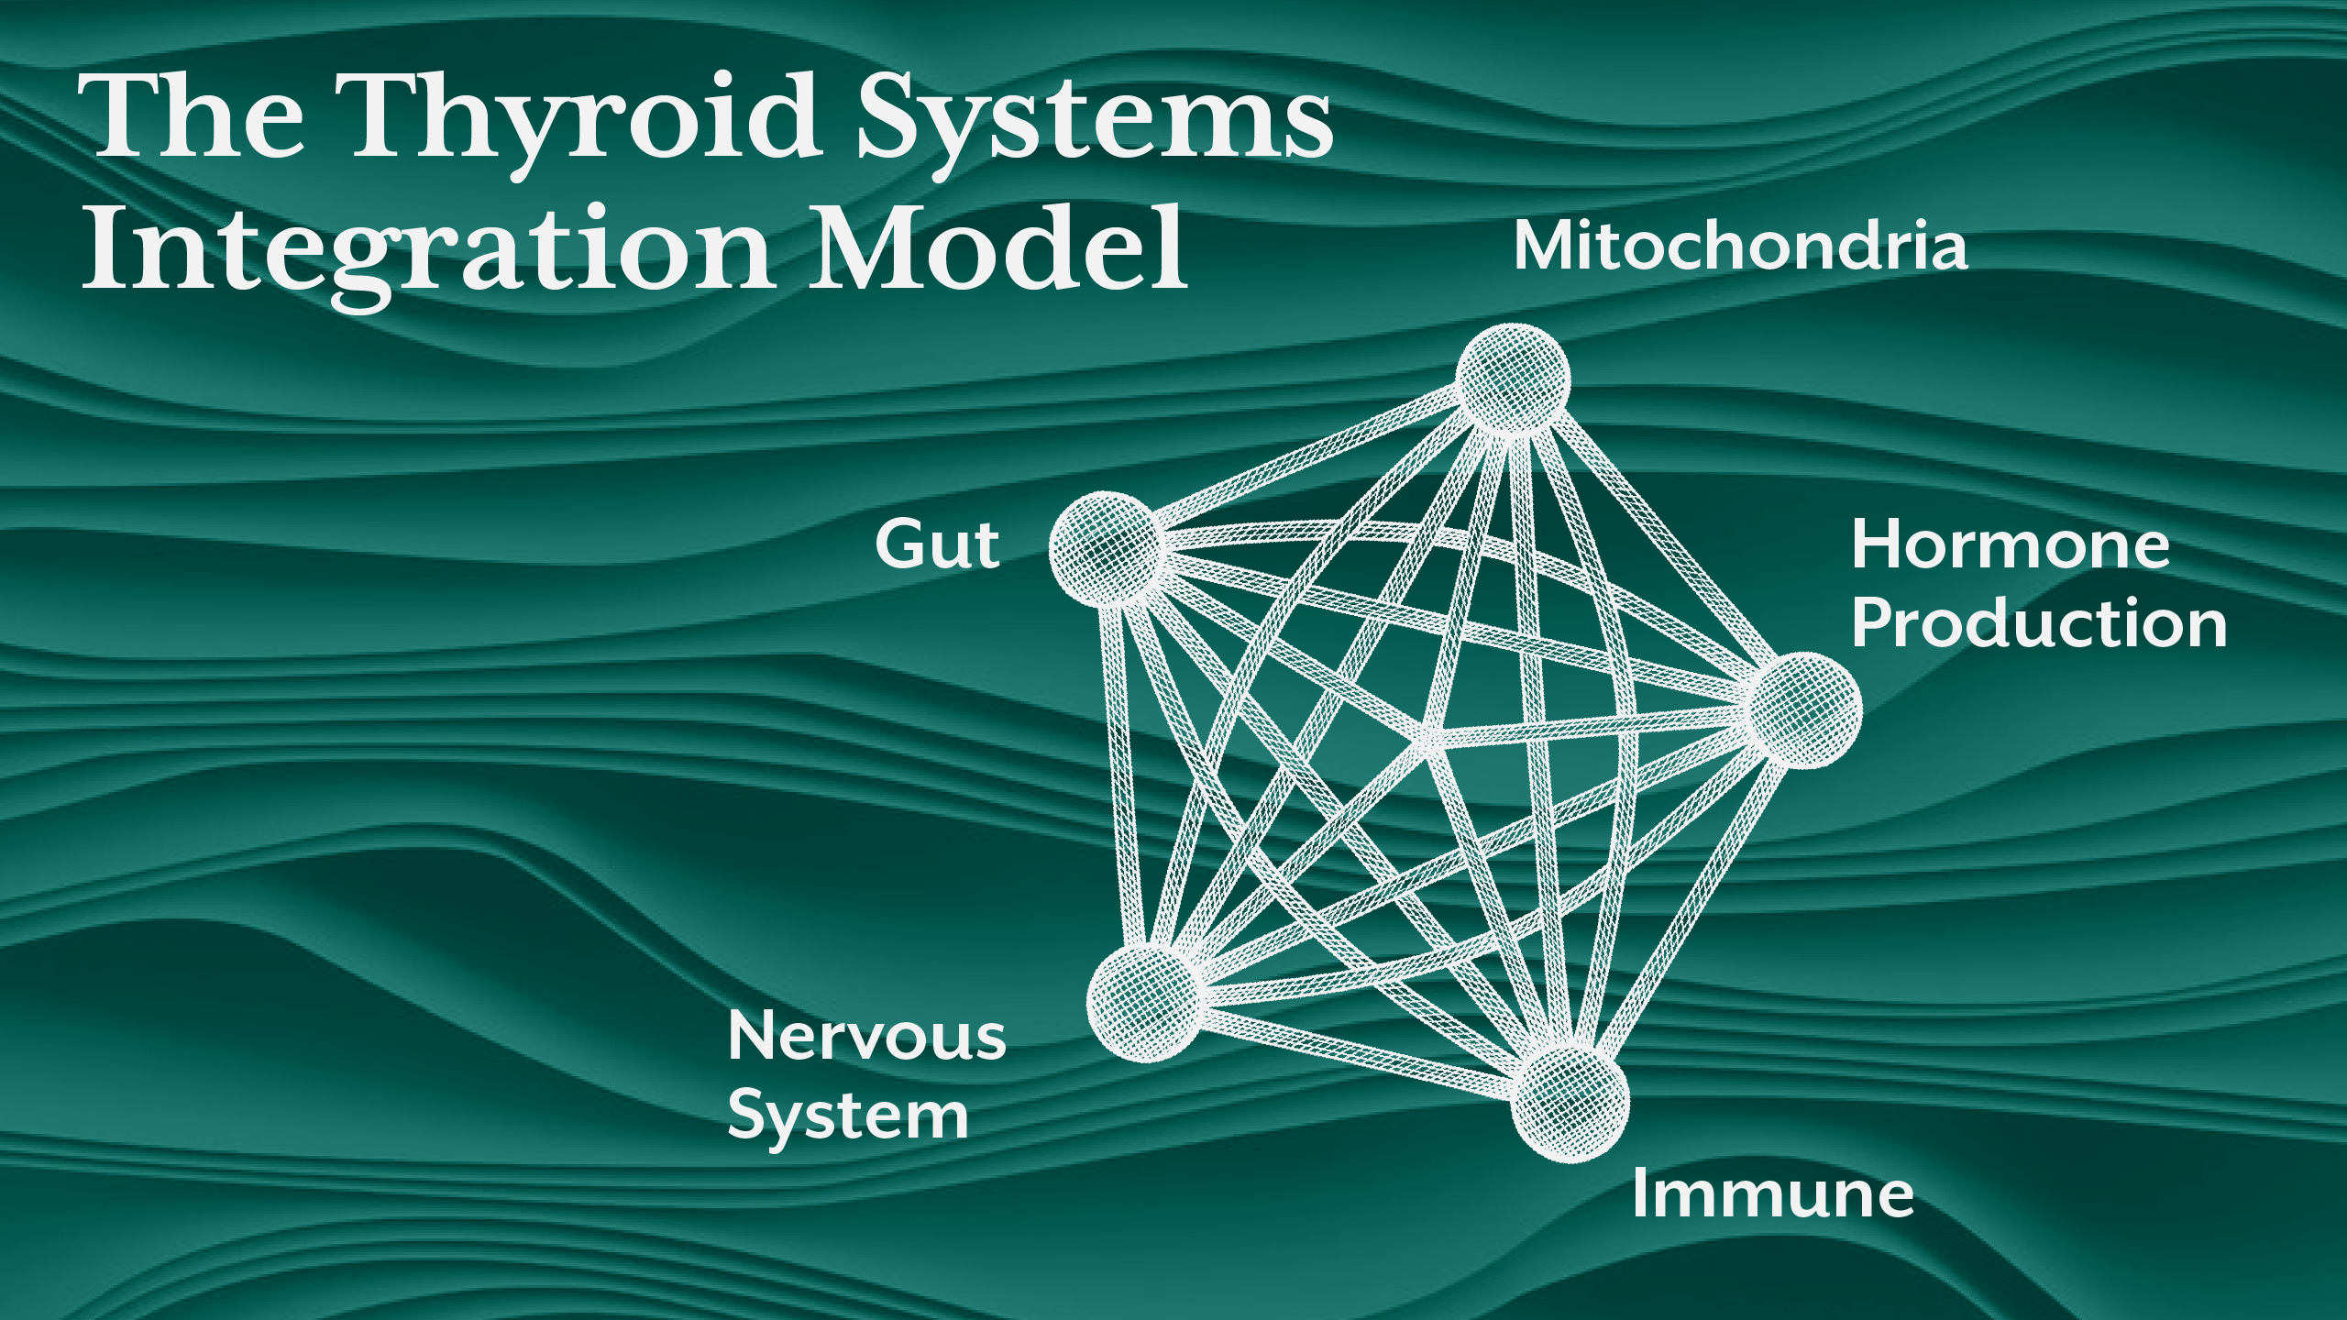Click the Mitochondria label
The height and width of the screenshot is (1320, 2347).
(x=1740, y=247)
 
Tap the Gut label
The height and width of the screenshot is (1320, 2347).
(x=937, y=544)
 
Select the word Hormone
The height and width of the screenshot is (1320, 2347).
(x=2011, y=544)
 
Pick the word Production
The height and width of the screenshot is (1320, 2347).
(x=2039, y=623)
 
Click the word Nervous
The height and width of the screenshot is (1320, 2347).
(x=867, y=1036)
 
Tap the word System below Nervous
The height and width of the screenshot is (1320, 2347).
(x=848, y=1116)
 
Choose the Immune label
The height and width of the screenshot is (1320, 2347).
(x=1773, y=1194)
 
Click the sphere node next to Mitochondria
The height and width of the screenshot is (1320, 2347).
(x=1513, y=378)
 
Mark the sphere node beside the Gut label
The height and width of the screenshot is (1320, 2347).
(x=1106, y=548)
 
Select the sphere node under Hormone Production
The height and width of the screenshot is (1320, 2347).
(x=1804, y=709)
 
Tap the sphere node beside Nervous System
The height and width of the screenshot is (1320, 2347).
(x=1143, y=1002)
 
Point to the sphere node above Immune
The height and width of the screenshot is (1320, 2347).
(x=1570, y=1104)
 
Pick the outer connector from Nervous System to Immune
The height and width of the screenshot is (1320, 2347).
(x=1357, y=1053)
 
